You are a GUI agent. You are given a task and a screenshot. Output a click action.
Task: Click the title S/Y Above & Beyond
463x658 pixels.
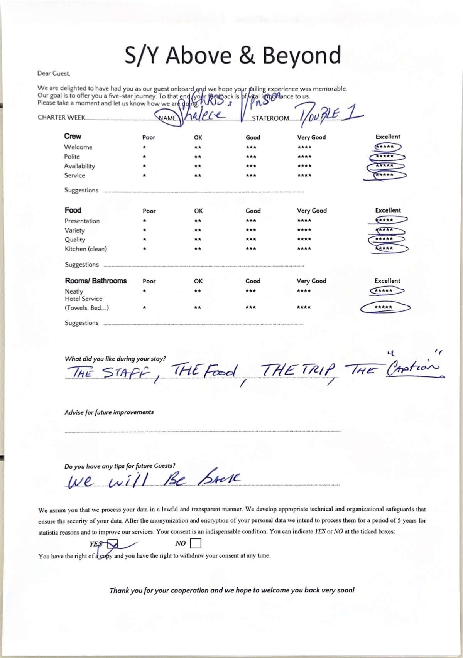click(233, 55)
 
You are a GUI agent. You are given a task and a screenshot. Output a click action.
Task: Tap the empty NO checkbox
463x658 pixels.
click(196, 543)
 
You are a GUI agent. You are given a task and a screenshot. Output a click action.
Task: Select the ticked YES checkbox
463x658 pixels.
click(112, 544)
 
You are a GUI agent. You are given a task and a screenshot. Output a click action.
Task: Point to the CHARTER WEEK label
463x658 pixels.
click(61, 118)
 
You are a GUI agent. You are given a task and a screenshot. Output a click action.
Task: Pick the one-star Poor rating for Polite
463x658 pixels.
click(144, 157)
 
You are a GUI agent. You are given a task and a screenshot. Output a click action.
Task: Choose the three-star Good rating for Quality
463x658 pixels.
click(251, 240)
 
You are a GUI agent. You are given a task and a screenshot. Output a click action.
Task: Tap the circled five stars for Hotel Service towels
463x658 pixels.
click(384, 307)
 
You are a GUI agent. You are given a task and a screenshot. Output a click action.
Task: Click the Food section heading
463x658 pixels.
click(73, 210)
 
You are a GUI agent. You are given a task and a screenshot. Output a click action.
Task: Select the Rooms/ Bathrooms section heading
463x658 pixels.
click(96, 281)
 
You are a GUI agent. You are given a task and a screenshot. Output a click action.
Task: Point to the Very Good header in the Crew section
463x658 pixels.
click(311, 137)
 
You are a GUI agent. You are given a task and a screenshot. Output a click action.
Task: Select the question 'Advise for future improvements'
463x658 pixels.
click(109, 412)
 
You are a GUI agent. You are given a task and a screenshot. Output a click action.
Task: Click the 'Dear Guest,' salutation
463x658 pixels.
click(54, 73)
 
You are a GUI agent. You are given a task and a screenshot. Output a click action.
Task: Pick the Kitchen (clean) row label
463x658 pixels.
click(86, 249)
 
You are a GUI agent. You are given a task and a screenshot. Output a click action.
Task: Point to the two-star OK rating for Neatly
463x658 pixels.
click(198, 291)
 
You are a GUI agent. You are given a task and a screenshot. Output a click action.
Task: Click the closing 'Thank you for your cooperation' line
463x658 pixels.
click(232, 590)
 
